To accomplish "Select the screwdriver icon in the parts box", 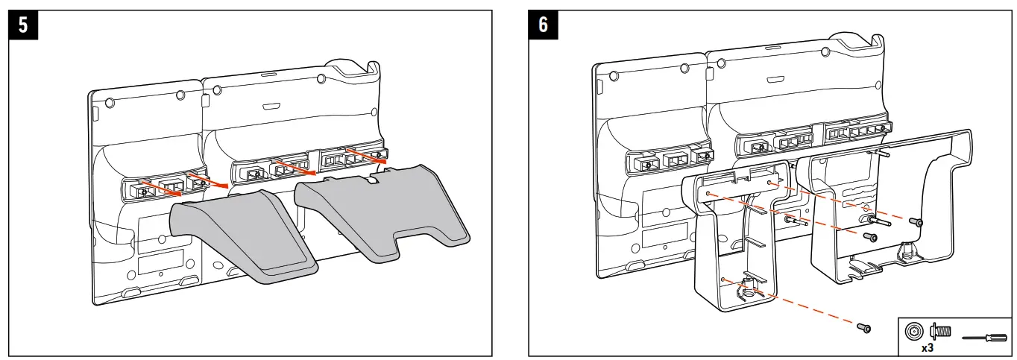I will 983,338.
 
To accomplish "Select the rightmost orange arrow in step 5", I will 370,155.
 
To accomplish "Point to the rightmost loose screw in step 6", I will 919,222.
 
